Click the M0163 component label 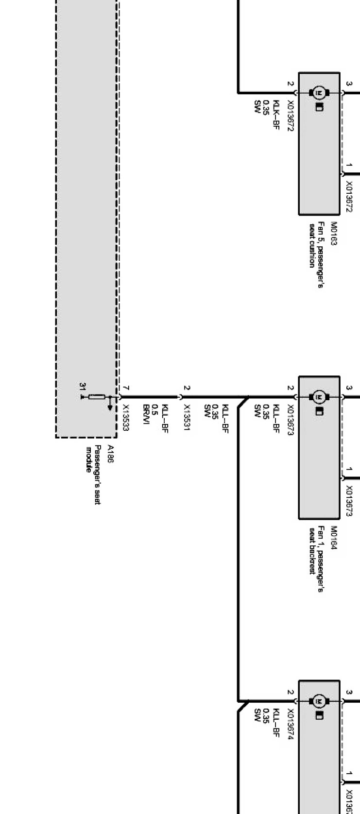coord(334,234)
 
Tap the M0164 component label coord(334,537)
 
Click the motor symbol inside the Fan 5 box coord(319,92)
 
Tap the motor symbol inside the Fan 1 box coord(319,397)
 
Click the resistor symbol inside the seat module coord(97,397)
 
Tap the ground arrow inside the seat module coord(110,405)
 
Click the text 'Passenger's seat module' coord(94,474)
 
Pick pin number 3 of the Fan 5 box coord(349,84)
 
